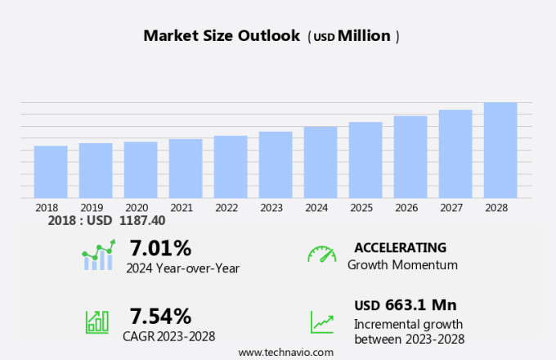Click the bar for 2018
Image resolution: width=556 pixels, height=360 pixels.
(x=51, y=172)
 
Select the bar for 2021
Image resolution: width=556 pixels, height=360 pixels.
(x=186, y=169)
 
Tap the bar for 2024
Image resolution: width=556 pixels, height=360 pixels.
(x=321, y=162)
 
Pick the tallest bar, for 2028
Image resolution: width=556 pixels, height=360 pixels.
(x=500, y=150)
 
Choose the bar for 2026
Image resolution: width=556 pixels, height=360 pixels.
(x=410, y=157)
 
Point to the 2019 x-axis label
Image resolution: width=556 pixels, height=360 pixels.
(x=92, y=208)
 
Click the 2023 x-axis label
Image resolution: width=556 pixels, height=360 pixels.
(x=271, y=208)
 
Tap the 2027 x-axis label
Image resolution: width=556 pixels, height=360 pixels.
(x=451, y=208)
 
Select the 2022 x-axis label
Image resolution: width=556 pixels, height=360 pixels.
(x=226, y=208)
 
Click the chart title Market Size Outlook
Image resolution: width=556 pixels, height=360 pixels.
(x=223, y=36)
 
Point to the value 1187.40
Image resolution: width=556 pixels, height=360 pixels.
(x=142, y=221)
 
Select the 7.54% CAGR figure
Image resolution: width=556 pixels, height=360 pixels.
(x=161, y=316)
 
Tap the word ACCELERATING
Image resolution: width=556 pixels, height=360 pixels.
(x=400, y=248)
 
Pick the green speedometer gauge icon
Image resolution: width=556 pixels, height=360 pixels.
(x=321, y=254)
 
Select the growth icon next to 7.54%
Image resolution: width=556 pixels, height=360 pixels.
(x=97, y=322)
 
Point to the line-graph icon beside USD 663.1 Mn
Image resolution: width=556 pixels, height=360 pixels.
(x=321, y=322)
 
